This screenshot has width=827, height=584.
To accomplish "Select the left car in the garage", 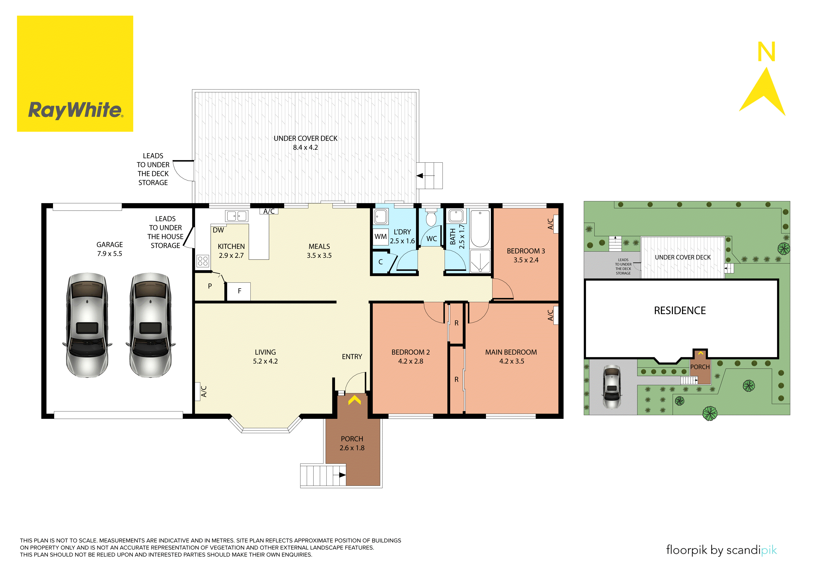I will [87, 325].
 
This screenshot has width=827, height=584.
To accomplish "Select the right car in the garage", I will [151, 325].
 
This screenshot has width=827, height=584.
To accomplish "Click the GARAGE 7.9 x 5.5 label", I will [110, 249].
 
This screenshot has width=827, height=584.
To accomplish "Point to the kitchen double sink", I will [237, 216].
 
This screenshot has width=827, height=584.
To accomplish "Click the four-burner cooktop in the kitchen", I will [203, 261].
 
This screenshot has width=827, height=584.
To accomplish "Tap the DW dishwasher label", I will [218, 230].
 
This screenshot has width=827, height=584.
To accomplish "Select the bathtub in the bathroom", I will [480, 229].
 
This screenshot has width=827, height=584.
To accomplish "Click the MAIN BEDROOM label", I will [511, 352].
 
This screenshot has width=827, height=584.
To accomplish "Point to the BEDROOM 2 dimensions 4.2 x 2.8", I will [411, 361].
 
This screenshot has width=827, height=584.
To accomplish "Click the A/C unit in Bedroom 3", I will [556, 224].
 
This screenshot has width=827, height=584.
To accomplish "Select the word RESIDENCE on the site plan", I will [680, 311].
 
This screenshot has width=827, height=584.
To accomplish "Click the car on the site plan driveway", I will [612, 387].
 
